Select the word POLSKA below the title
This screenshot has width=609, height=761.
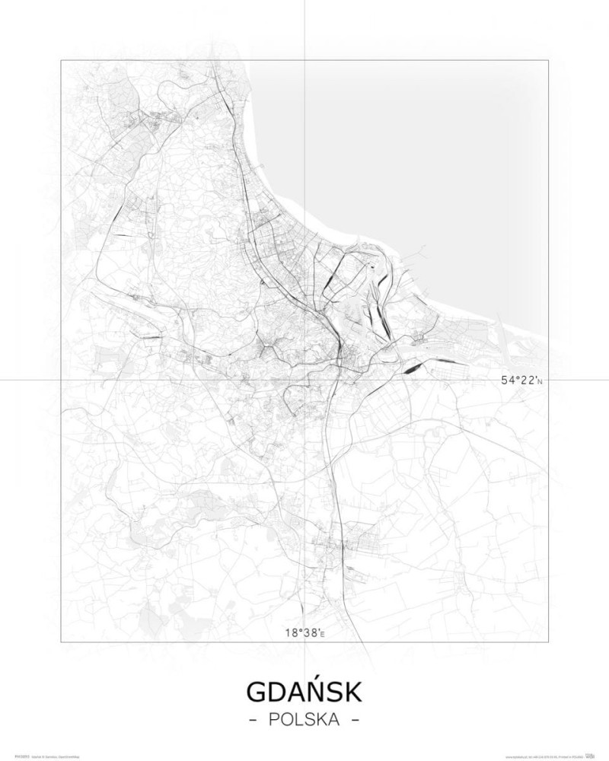(304, 719)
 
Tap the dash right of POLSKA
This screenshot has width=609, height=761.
(355, 719)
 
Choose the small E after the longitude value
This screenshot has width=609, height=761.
(322, 633)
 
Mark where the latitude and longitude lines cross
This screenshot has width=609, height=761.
(304, 379)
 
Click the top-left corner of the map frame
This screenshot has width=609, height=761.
(61, 60)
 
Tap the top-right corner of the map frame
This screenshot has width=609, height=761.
(547, 60)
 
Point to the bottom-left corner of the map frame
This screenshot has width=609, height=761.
(61, 642)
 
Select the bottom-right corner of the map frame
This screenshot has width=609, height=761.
(547, 642)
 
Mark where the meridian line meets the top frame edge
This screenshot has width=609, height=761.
(304, 60)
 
